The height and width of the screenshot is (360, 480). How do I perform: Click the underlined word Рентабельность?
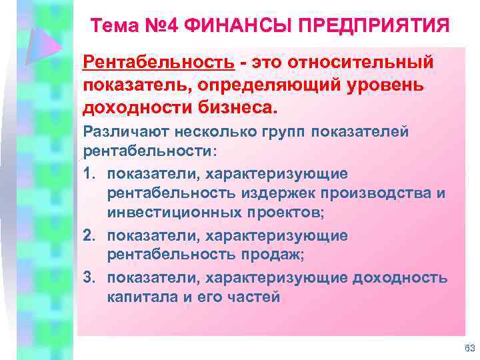coord(159,63)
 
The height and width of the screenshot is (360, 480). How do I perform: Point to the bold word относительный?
coord(361,63)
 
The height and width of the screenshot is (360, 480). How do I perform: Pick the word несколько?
coord(207,132)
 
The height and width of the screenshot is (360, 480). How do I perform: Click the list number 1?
coord(88,174)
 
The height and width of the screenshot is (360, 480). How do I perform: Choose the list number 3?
coord(88,277)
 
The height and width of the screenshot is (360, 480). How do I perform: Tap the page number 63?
coord(469,349)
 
